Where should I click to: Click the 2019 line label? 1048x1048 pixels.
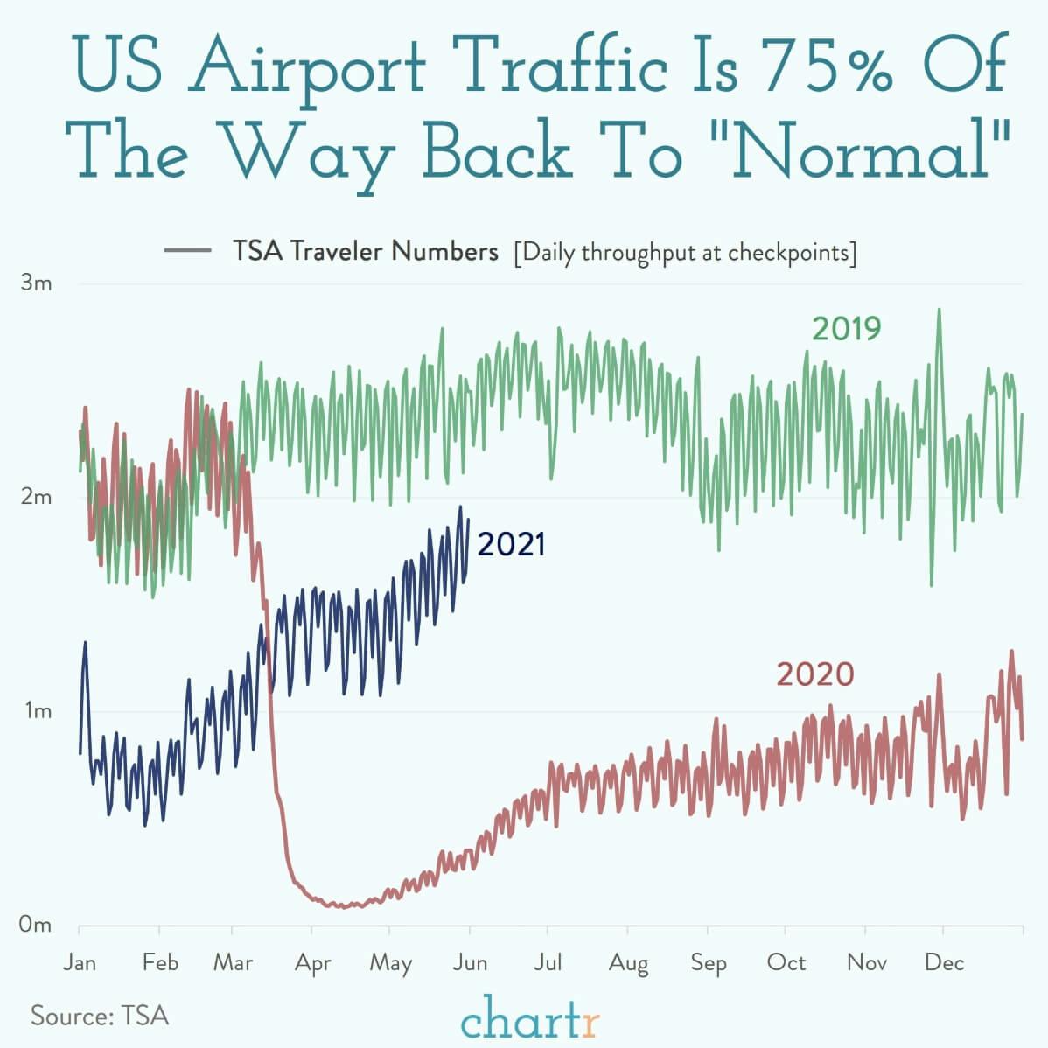(x=846, y=329)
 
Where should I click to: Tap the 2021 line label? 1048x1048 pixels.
(x=512, y=544)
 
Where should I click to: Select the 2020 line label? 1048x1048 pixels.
(x=814, y=674)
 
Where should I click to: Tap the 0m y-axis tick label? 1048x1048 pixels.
(x=36, y=925)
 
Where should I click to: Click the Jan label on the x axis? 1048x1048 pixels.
(x=80, y=962)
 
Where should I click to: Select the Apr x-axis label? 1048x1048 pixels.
(x=312, y=963)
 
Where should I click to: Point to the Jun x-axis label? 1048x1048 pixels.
(x=470, y=962)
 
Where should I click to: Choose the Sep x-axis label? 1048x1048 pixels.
(x=708, y=963)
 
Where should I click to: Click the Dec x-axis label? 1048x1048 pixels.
(x=944, y=962)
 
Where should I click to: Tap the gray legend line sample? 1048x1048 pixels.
(x=187, y=252)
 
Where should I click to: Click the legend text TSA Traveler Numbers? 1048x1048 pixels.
(x=365, y=252)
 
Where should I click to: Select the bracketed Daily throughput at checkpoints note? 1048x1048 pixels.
(x=685, y=253)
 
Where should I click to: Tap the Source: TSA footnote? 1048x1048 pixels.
(x=100, y=1016)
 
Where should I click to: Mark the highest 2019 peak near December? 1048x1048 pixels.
(x=939, y=309)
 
